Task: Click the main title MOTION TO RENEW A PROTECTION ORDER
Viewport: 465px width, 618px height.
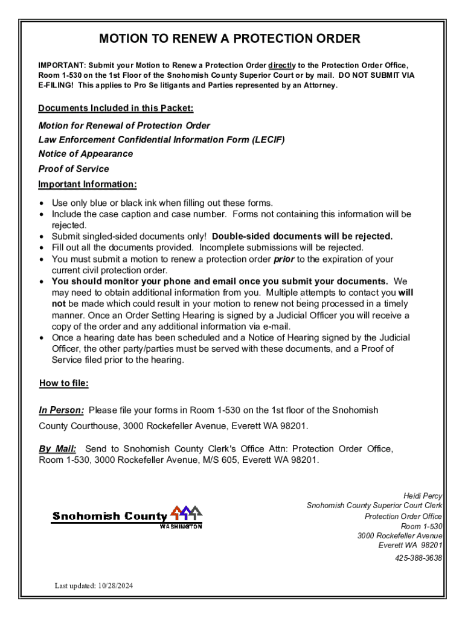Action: pos(229,39)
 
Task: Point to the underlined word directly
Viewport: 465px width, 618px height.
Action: pos(281,65)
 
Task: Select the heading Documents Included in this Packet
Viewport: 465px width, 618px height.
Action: pos(116,108)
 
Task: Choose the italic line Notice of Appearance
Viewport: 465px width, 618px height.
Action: pos(86,154)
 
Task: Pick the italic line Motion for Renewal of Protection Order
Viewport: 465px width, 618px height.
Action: pos(124,126)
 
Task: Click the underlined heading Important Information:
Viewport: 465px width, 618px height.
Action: pos(88,184)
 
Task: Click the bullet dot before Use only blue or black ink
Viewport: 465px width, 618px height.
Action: pos(42,203)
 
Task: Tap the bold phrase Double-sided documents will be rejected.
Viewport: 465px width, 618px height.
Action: pos(302,237)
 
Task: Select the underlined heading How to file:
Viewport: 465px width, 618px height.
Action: pos(64,383)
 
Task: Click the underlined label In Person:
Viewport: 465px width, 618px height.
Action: pos(62,410)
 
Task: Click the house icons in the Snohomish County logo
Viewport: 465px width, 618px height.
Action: pos(187,513)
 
